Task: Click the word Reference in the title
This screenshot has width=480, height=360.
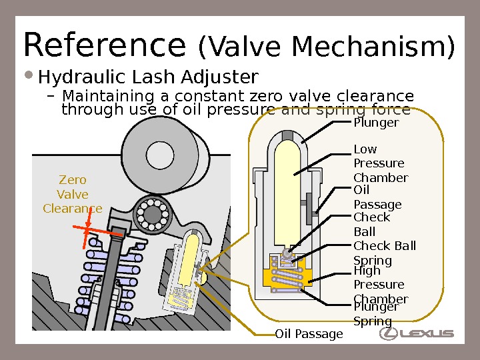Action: click(x=104, y=45)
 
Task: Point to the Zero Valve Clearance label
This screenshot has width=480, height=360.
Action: click(x=72, y=194)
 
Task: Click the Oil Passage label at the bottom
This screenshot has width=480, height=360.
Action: click(x=309, y=333)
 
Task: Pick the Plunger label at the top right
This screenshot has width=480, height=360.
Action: click(x=376, y=123)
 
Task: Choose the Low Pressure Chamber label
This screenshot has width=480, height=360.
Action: click(x=380, y=163)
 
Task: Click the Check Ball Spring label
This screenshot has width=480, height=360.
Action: click(x=384, y=253)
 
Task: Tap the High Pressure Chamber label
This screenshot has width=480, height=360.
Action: click(x=380, y=285)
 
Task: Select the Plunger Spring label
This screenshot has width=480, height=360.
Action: click(x=375, y=314)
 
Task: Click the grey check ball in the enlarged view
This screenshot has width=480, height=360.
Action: click(x=288, y=253)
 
